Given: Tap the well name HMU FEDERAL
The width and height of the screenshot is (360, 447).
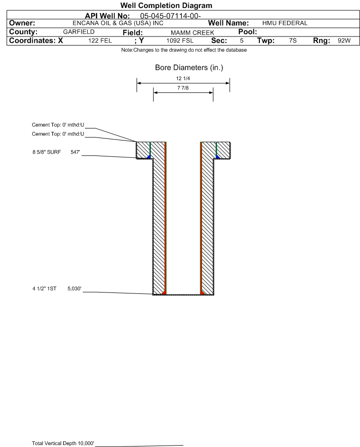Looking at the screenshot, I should [285, 23].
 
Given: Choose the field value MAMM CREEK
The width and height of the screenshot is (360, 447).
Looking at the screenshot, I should [192, 32].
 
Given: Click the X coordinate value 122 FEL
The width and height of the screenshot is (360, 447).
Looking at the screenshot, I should [100, 41].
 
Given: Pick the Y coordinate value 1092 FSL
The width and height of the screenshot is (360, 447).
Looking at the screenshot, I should [180, 41].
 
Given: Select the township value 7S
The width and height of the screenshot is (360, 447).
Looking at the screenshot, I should [293, 41].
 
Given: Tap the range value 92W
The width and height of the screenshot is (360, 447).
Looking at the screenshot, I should [344, 41].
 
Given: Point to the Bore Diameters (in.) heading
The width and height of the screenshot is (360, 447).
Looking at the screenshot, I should [189, 68].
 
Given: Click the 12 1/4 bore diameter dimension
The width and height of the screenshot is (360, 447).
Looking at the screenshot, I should [183, 78].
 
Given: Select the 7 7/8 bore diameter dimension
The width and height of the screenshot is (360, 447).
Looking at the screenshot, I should [183, 88].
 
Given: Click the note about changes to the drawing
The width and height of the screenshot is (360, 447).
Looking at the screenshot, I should [184, 50].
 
